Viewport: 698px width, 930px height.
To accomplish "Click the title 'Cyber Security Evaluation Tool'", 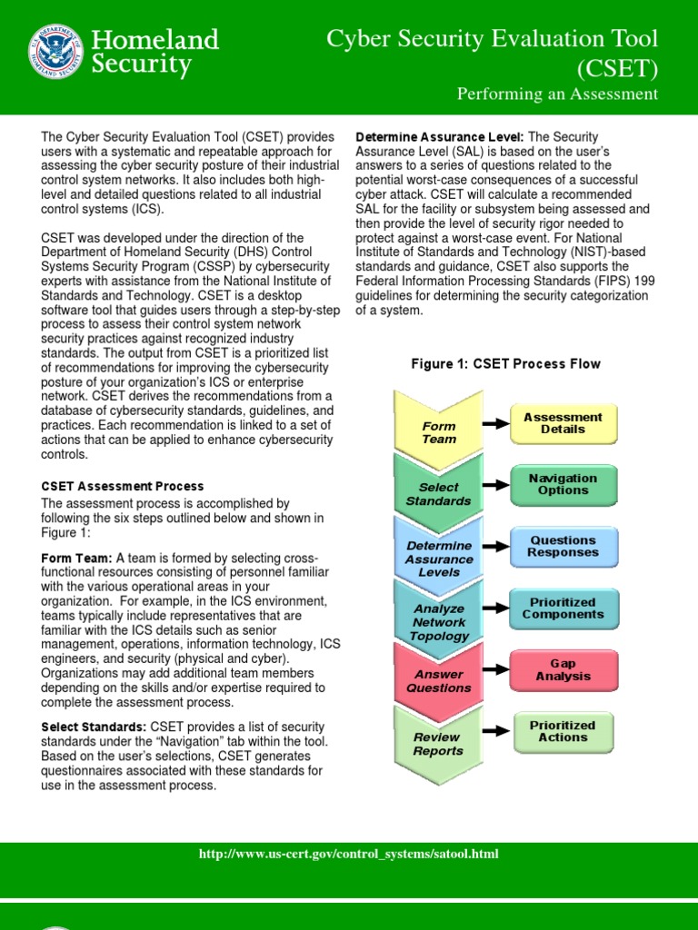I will click(x=492, y=38).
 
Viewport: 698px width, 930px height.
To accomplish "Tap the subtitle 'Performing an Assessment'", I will click(x=557, y=94).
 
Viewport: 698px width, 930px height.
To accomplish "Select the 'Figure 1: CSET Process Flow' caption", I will click(x=505, y=364).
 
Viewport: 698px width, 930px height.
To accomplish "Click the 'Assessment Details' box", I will click(x=563, y=423).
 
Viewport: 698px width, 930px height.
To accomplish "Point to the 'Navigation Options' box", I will click(x=563, y=485).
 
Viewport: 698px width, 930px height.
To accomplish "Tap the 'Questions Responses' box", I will click(x=563, y=546).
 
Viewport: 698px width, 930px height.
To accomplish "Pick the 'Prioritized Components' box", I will click(x=563, y=608).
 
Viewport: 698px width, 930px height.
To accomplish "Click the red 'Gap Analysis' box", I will click(x=563, y=670).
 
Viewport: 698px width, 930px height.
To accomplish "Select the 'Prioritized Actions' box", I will click(x=563, y=731).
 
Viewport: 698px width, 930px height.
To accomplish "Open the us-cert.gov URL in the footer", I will click(x=348, y=855).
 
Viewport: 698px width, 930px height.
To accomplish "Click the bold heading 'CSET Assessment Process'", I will click(x=123, y=487).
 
